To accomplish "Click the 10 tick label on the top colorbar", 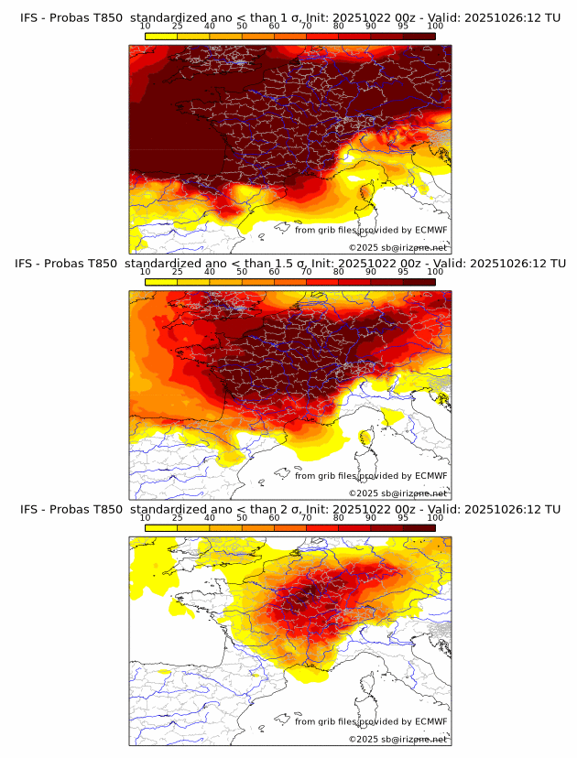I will [146, 27].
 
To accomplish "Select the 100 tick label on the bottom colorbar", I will [435, 518].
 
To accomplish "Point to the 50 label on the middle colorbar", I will [242, 272].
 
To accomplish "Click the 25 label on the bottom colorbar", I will [178, 518].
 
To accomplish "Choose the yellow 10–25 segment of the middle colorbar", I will [161, 281].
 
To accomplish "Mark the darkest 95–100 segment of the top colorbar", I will [419, 36].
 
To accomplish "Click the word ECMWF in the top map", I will [430, 230].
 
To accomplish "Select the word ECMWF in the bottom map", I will [430, 721].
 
